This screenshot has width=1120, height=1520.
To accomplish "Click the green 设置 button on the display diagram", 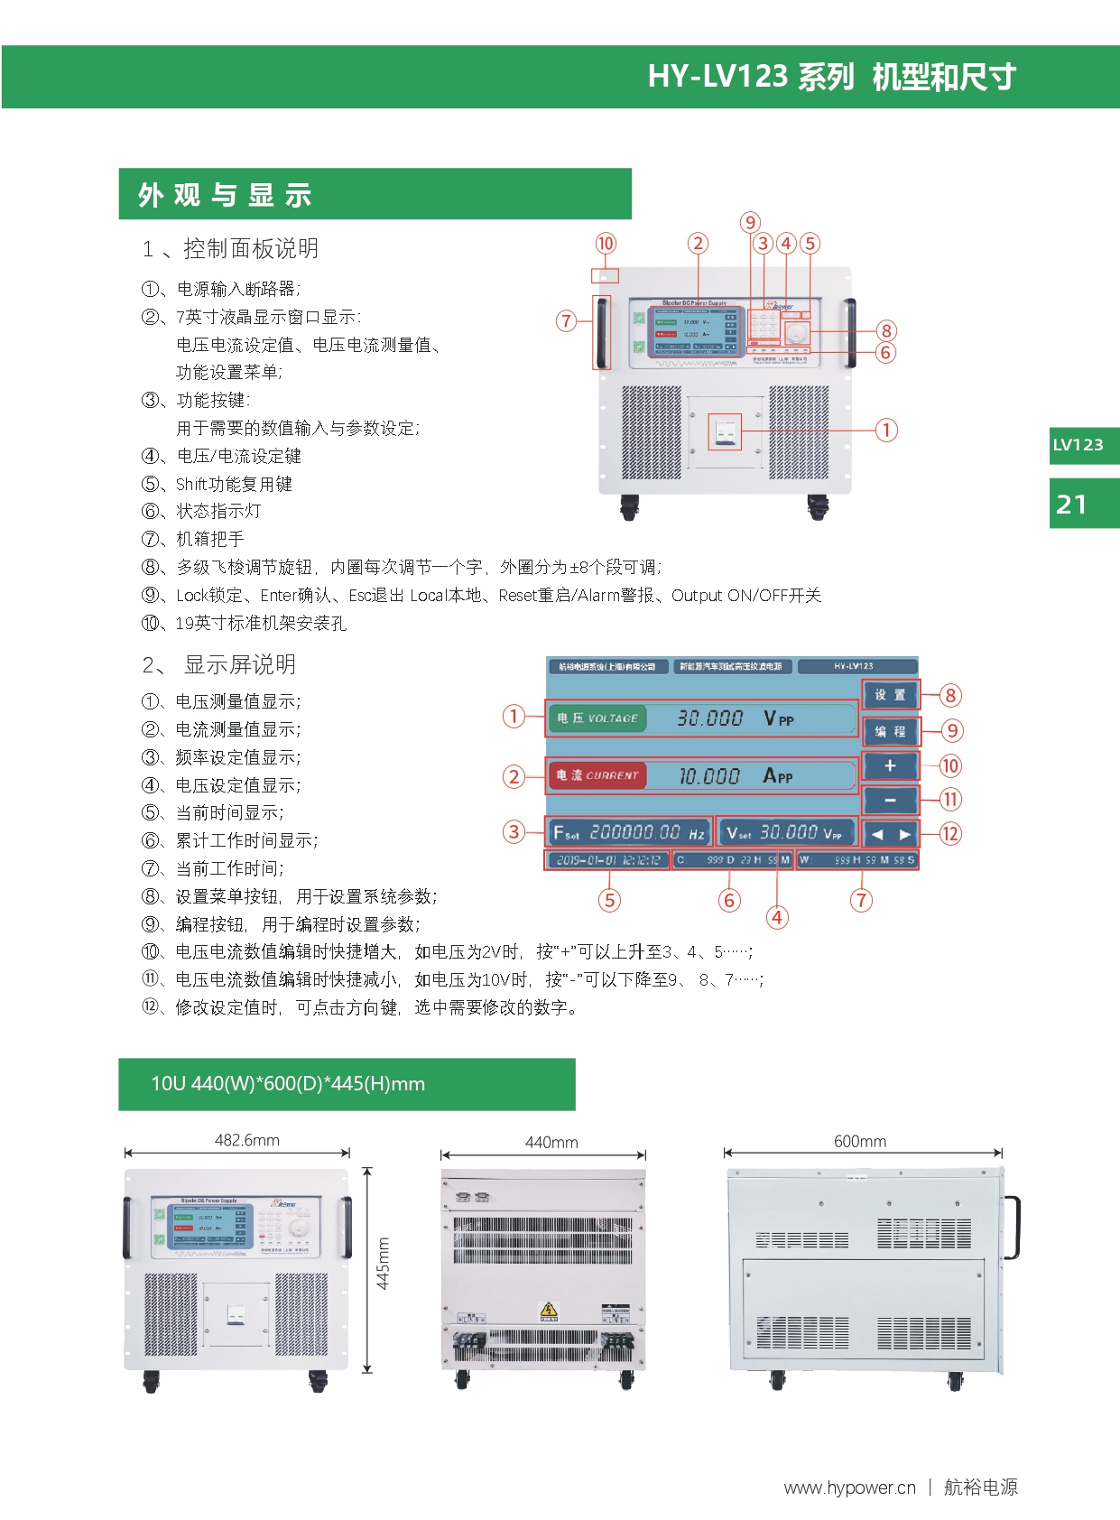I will [890, 695].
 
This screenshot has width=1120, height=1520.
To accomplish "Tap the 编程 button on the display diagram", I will [890, 731].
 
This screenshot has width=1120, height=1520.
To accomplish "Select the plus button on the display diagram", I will [890, 765].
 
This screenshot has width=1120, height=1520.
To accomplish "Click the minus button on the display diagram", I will [890, 800].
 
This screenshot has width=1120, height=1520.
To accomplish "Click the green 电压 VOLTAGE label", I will [597, 718].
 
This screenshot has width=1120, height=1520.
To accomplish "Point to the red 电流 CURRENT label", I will [597, 775].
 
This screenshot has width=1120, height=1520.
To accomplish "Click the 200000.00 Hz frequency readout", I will [630, 832].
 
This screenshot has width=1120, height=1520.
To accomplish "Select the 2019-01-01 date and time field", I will [607, 860].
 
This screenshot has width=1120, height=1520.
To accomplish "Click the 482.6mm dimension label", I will [246, 1140].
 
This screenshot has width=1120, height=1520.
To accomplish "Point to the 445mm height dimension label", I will [384, 1263].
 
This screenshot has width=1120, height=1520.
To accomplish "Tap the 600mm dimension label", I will [859, 1141].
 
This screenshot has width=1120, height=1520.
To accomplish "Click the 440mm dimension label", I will [551, 1142].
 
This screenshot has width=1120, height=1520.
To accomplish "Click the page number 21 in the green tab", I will [1071, 504].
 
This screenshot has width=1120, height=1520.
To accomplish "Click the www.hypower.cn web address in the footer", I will [849, 1488].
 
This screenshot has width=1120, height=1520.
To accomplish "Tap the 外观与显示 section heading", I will [225, 195].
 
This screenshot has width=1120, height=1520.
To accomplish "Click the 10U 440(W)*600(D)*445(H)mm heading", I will [288, 1083].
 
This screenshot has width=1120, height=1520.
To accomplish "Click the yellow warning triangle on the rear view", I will [548, 1310].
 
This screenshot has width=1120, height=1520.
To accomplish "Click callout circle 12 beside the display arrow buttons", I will [950, 833].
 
